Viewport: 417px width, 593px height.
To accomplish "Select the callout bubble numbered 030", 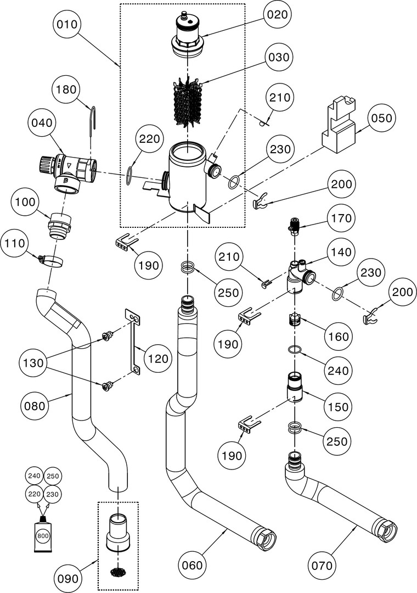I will [279, 58].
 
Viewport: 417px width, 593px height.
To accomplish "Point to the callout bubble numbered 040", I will [42, 125].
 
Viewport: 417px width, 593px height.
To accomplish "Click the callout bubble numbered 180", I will [67, 91].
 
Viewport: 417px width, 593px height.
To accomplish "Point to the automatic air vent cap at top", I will [188, 33].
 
